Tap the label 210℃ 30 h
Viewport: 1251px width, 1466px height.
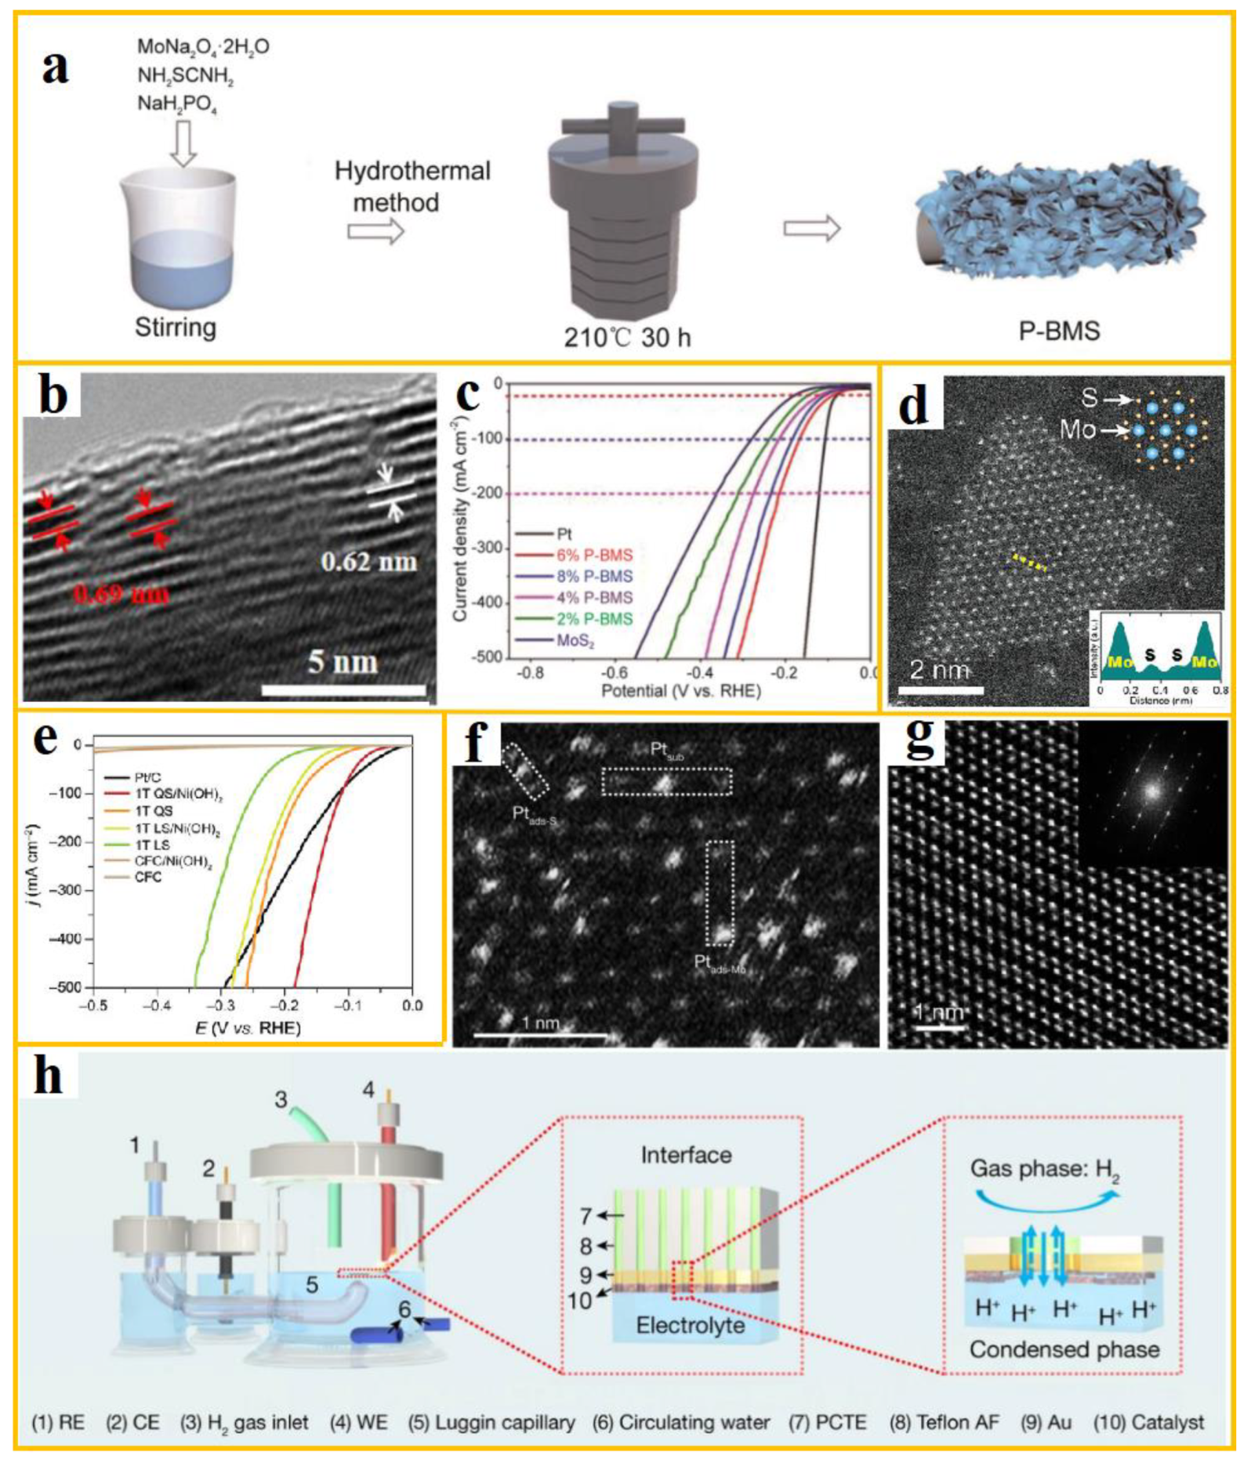coord(627,337)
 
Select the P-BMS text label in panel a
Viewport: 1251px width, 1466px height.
coord(1060,331)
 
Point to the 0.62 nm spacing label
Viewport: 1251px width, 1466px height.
coord(368,562)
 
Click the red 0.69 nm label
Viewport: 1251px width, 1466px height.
coord(121,594)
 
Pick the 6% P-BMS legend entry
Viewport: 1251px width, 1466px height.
coord(593,556)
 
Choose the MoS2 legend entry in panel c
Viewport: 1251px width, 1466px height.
coord(575,640)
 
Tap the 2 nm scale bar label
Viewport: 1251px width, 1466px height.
coord(939,670)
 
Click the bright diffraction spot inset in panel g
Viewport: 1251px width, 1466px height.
coord(1151,791)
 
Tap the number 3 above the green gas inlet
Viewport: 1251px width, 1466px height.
coord(281,1100)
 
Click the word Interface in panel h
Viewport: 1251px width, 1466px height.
coord(686,1155)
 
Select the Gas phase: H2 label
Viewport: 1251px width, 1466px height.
coord(1044,1169)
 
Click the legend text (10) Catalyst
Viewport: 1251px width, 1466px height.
coord(1148,1422)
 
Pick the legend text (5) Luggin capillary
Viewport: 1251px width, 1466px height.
coord(491,1422)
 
